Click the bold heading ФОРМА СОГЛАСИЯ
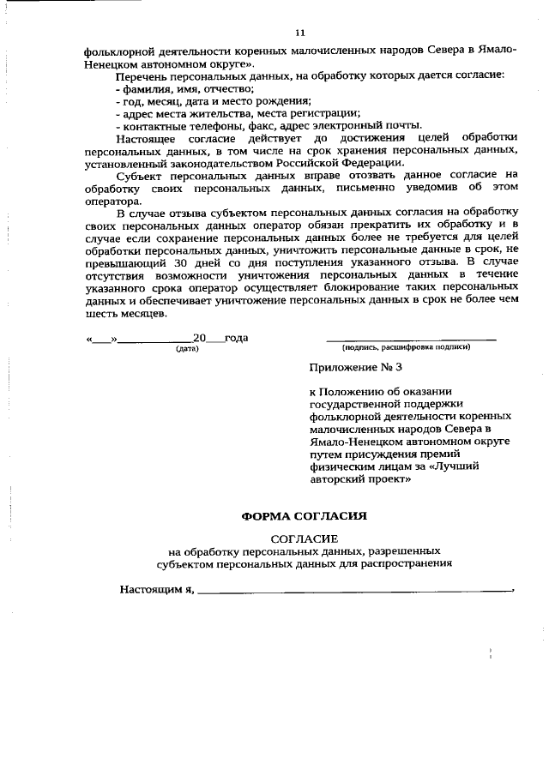pos(304,516)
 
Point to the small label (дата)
pos(187,348)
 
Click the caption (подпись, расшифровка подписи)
pos(406,347)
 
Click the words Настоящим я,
pos(158,590)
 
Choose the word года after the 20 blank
pos(235,338)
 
